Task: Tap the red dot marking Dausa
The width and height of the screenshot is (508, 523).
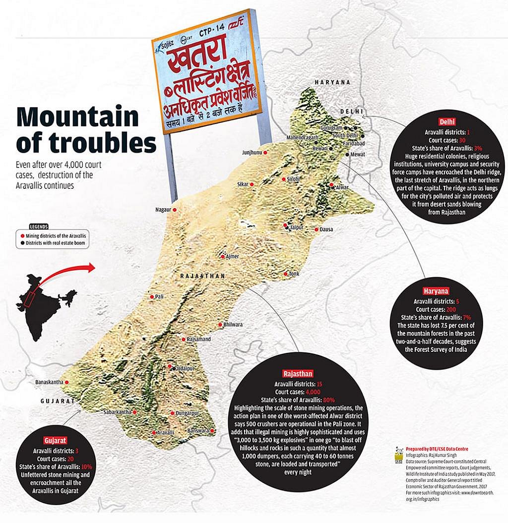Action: pos(316,230)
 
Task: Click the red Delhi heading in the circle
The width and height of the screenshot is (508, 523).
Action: pos(447,122)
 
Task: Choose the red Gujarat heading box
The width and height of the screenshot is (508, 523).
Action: pos(55,440)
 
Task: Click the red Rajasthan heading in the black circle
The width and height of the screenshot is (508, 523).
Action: pos(298,374)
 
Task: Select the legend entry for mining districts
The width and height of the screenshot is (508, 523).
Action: pos(53,235)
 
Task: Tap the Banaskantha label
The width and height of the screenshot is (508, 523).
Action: pos(49,382)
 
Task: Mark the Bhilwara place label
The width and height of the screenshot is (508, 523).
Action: pos(233,324)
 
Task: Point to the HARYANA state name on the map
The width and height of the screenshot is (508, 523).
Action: pos(332,82)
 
